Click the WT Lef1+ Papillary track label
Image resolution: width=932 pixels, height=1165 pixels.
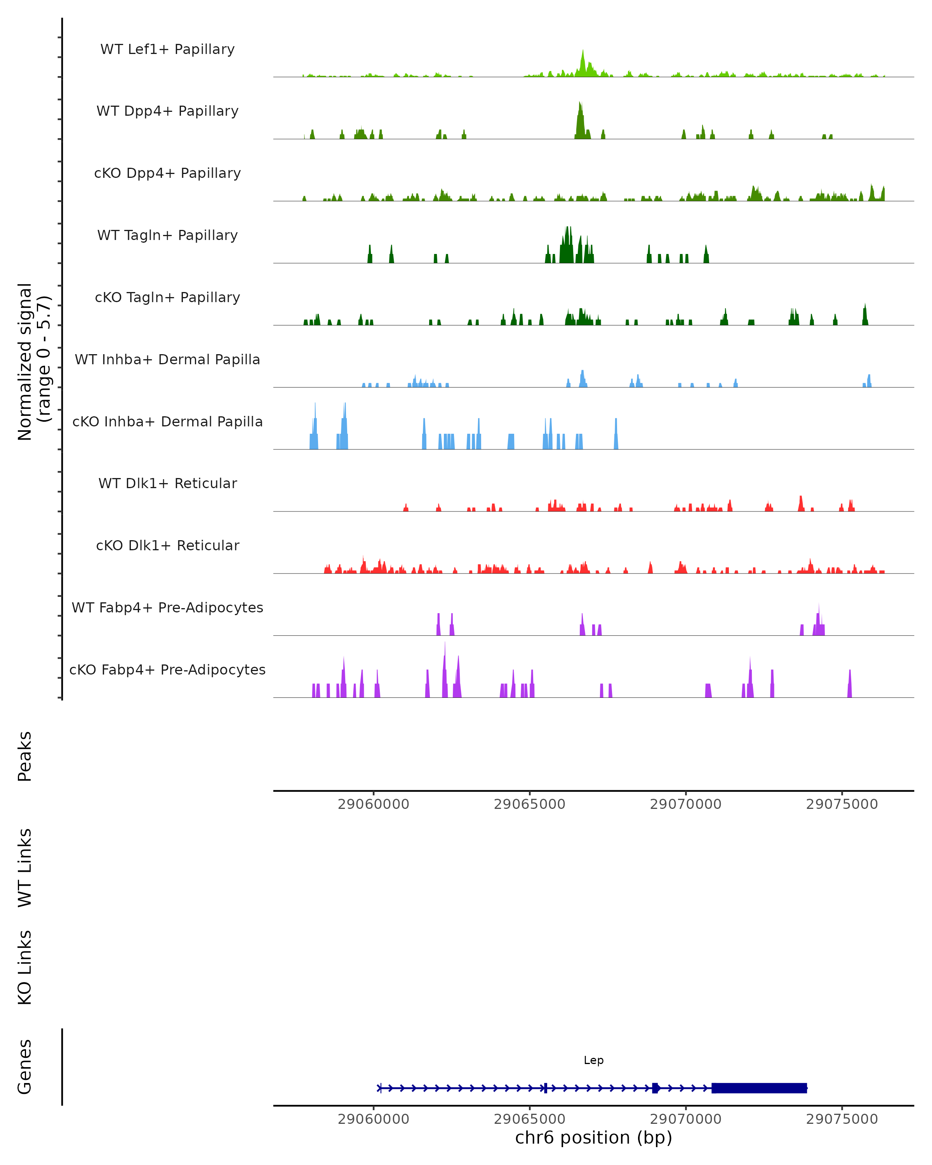tap(167, 49)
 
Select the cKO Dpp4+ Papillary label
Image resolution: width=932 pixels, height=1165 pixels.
tap(167, 173)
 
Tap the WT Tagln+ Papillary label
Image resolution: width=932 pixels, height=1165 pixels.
tap(167, 235)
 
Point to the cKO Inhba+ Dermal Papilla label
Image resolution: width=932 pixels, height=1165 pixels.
tap(167, 421)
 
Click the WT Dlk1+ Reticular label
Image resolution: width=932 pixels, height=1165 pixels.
tap(167, 483)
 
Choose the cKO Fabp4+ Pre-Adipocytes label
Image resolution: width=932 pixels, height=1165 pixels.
tap(167, 669)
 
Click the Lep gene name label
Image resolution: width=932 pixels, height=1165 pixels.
tap(593, 1060)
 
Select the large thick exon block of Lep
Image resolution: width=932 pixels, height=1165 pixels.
tap(759, 1088)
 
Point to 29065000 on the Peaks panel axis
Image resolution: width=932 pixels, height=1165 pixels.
tap(529, 804)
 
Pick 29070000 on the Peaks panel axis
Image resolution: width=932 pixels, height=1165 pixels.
tap(686, 804)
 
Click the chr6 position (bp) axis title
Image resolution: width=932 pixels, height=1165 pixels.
tap(593, 1138)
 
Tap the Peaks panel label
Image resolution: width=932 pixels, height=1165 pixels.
tap(25, 756)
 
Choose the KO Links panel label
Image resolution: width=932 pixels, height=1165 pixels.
tap(25, 968)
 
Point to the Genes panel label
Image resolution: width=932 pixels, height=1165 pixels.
tap(25, 1067)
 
